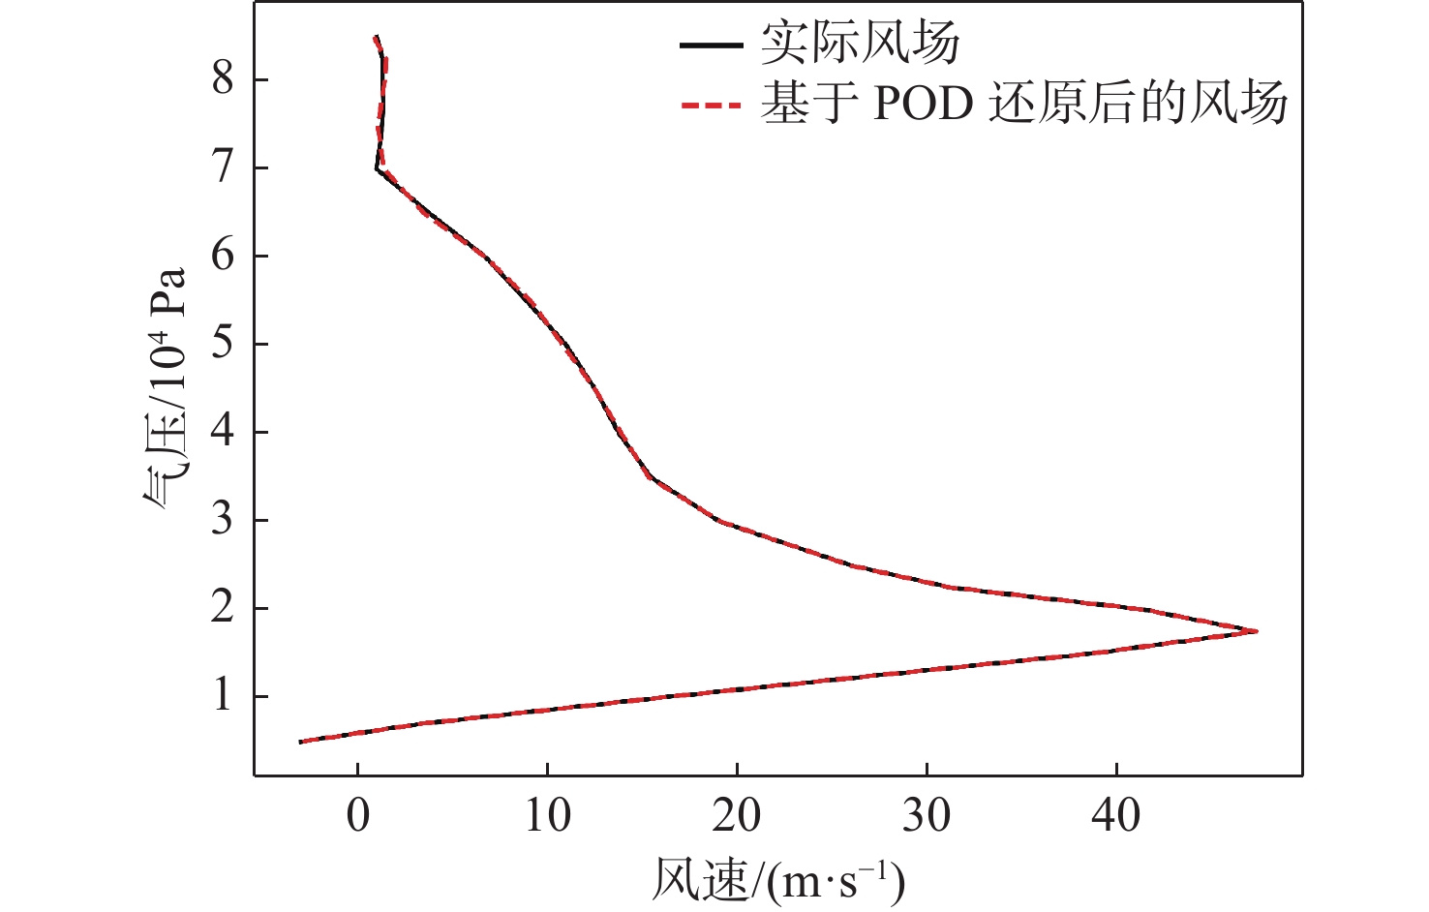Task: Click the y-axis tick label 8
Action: click(224, 78)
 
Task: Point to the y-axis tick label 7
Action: click(224, 167)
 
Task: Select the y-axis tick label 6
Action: click(224, 256)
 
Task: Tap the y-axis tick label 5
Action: click(224, 344)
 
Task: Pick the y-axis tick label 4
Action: click(224, 432)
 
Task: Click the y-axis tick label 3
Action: click(224, 520)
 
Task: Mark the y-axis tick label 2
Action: click(224, 608)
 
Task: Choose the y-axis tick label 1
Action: click(224, 696)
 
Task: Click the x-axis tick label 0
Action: click(358, 815)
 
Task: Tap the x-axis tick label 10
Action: click(547, 815)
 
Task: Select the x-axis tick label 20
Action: click(737, 815)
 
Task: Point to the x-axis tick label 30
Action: click(927, 815)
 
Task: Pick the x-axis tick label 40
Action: click(1116, 815)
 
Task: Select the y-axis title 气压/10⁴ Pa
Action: click(165, 387)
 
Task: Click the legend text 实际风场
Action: click(861, 44)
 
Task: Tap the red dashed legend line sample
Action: click(712, 105)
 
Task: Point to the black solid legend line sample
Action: click(712, 46)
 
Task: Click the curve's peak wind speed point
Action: click(1256, 631)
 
